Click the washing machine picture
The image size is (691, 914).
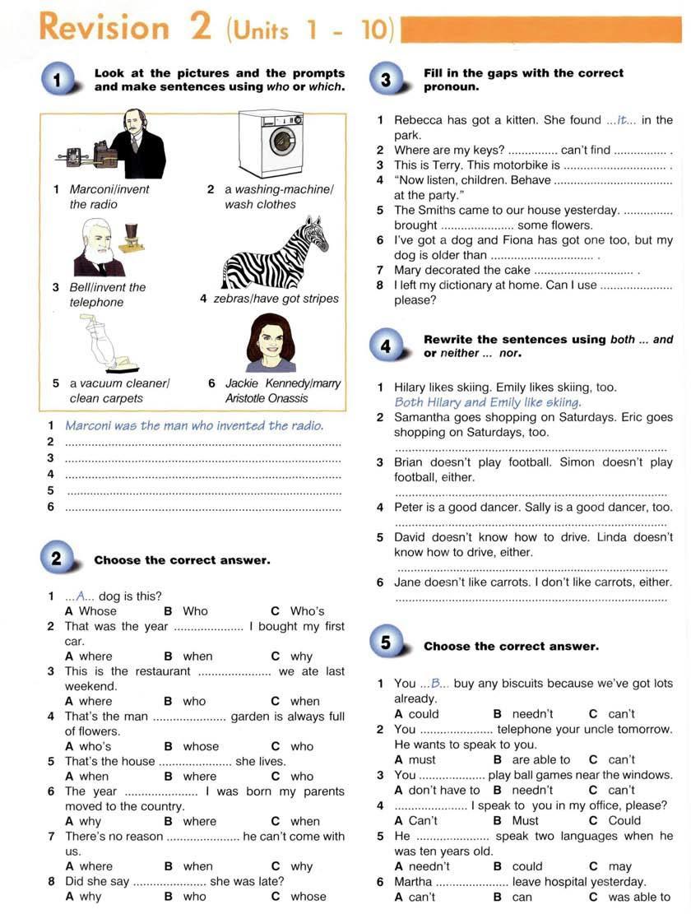point(271,143)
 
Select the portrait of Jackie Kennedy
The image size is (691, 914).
point(271,343)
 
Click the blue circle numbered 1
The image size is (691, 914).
point(56,81)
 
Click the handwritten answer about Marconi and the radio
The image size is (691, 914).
point(194,426)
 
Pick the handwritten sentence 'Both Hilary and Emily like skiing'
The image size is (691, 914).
point(488,402)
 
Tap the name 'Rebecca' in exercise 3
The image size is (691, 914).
point(420,120)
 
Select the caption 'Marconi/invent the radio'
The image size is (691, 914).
point(101,197)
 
